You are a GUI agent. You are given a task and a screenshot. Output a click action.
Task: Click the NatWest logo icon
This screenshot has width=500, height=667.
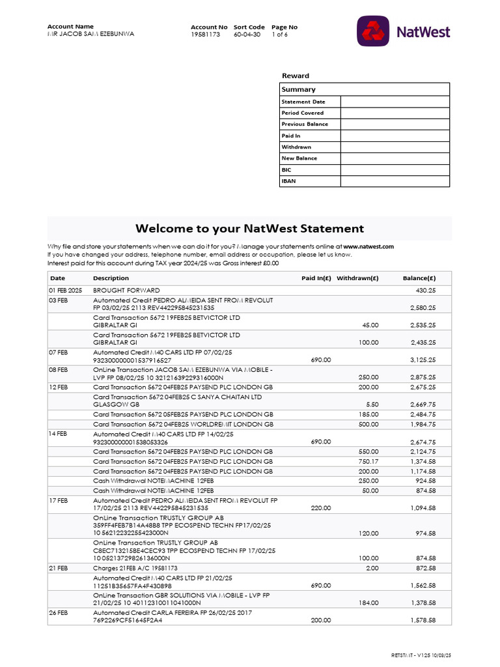click(x=373, y=31)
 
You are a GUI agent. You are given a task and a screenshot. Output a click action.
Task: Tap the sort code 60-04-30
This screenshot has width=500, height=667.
click(x=247, y=34)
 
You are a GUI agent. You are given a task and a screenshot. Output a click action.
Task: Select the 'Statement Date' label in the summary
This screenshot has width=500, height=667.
click(x=303, y=102)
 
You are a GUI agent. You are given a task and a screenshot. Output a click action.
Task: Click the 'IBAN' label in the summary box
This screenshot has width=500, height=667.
click(x=288, y=181)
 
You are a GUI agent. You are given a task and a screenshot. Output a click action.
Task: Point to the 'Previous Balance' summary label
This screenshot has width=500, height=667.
click(x=305, y=124)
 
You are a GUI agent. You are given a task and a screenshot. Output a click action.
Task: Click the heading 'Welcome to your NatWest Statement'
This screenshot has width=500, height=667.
click(x=249, y=229)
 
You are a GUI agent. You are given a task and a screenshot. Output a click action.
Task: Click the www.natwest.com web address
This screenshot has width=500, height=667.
click(x=368, y=247)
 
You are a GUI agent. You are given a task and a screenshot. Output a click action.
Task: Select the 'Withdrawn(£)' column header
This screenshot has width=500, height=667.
click(x=357, y=278)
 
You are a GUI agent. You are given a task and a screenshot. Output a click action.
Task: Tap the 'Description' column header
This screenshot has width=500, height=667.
click(x=111, y=278)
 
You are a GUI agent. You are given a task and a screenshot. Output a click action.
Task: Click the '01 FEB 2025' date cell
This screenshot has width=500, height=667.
click(x=65, y=290)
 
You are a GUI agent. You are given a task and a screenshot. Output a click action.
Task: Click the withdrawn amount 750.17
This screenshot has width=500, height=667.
click(x=367, y=461)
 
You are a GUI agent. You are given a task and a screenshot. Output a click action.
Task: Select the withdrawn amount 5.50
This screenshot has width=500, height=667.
click(x=372, y=404)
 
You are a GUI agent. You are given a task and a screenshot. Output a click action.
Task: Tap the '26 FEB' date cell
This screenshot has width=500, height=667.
click(x=58, y=613)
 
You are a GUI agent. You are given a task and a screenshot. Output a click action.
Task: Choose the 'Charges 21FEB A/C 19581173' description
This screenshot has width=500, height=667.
click(x=135, y=568)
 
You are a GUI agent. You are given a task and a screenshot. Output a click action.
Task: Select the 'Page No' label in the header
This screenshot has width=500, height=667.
click(x=285, y=27)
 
